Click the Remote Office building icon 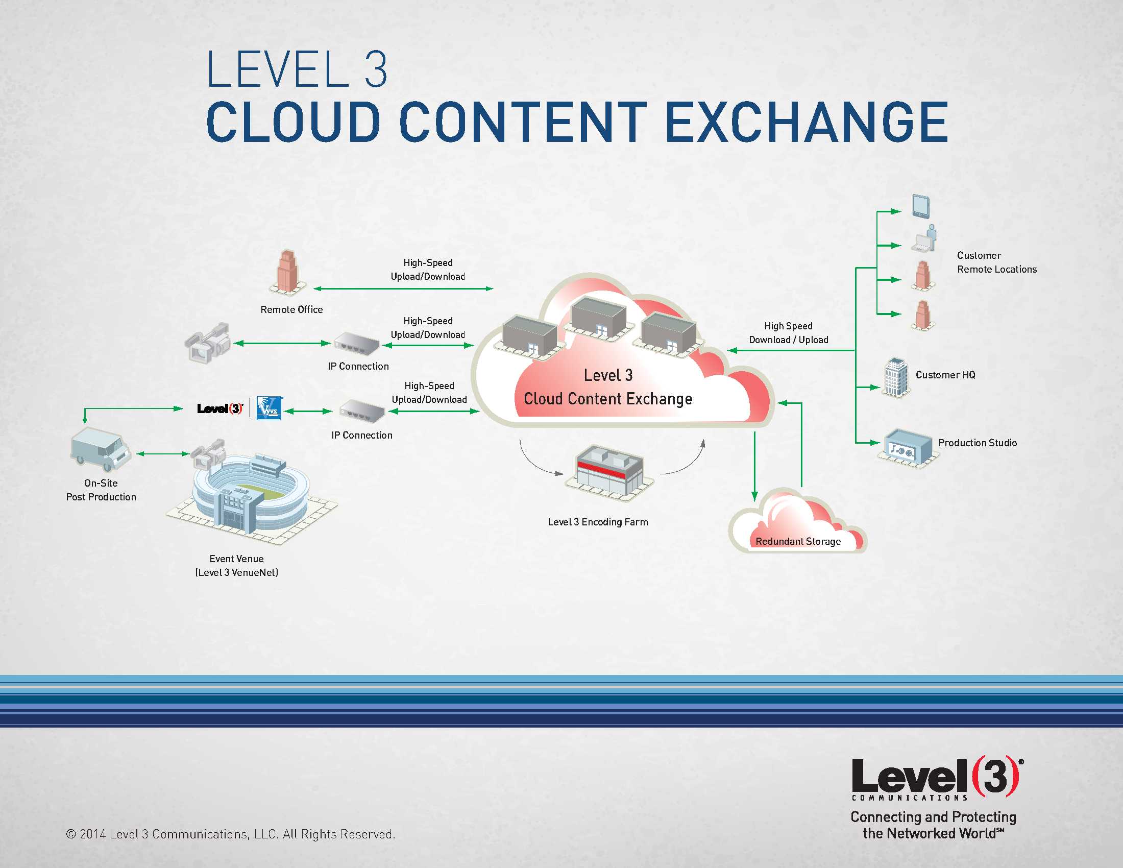click(x=288, y=273)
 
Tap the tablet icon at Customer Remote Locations click(x=920, y=206)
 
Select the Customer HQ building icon click(x=896, y=377)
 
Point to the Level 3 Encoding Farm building click(x=609, y=471)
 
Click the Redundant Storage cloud click(x=797, y=524)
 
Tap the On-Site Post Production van click(x=99, y=449)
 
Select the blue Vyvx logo click(x=269, y=408)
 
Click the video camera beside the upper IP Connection click(x=208, y=342)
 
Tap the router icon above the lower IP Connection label click(x=362, y=411)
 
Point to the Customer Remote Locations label click(x=996, y=262)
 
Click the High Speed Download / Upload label click(x=788, y=333)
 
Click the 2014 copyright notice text click(x=231, y=834)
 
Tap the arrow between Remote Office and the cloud click(x=403, y=289)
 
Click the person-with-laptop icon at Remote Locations click(x=924, y=239)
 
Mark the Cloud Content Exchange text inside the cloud click(x=608, y=399)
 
